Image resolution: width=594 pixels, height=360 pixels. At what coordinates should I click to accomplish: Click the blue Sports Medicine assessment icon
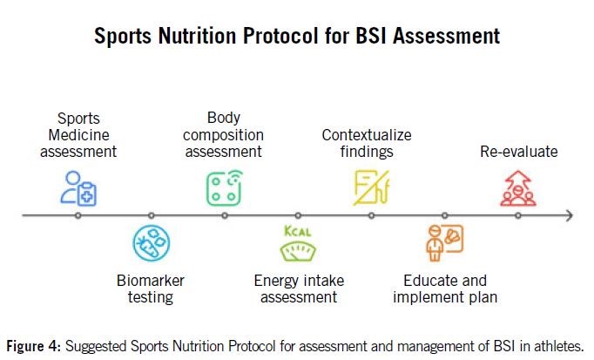pos(78,188)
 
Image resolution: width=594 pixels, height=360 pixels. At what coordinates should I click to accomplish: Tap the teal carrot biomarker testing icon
pos(152,243)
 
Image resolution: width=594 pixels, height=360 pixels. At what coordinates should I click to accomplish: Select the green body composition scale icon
pos(224,188)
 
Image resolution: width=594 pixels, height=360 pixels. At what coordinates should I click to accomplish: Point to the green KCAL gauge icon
pos(298,243)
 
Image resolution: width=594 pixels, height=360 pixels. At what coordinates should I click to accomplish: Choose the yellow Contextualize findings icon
pos(371,188)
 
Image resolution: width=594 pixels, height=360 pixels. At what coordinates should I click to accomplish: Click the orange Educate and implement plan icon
pos(444,243)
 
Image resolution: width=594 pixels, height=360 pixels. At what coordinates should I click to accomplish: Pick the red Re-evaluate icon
pos(518,188)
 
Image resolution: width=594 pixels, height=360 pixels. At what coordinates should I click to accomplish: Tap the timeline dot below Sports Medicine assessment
pos(78,215)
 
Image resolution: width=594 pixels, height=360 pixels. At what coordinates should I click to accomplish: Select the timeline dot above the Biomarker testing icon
pos(152,215)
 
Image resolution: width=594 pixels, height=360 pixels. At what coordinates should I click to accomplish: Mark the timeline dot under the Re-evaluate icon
pos(518,215)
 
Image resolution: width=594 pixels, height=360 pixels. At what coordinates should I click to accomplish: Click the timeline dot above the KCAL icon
pos(298,215)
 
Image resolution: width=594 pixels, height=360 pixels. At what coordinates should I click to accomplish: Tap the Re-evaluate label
pos(518,152)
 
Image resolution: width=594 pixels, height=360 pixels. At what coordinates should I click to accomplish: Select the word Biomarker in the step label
pos(151,281)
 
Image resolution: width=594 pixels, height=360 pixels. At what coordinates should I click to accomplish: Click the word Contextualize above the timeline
pos(367,135)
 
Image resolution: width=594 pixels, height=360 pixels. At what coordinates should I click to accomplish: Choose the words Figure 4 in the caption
pos(34,346)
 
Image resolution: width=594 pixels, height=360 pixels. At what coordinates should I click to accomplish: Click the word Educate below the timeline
pos(429,281)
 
